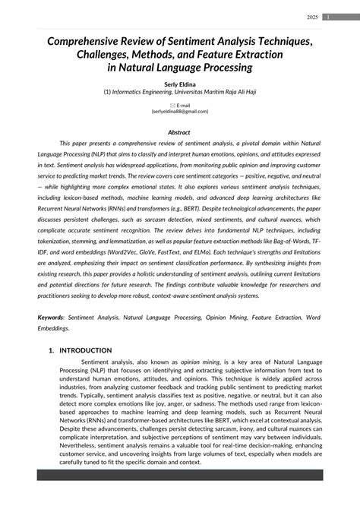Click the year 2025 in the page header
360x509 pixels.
[312, 17]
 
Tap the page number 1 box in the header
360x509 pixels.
[327, 17]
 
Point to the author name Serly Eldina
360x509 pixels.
[179, 84]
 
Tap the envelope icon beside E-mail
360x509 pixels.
[172, 105]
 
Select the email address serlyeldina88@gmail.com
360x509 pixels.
[180, 111]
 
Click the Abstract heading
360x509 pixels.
[179, 132]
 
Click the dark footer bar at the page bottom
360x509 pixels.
[179, 496]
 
